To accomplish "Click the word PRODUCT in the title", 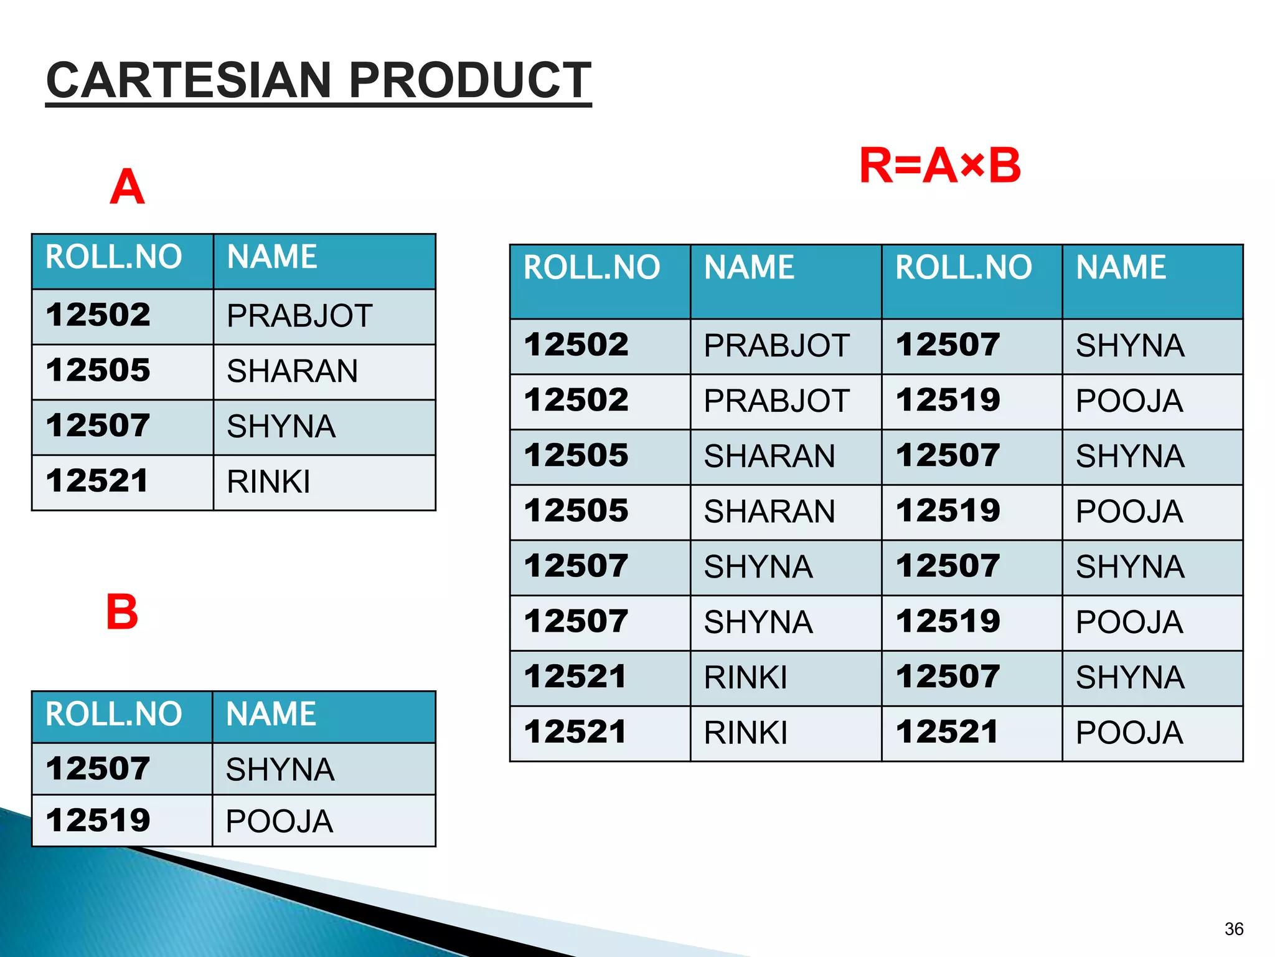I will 470,80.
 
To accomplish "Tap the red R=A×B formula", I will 939,166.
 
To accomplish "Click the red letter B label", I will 122,612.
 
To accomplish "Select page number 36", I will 1233,929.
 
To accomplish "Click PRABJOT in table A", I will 299,316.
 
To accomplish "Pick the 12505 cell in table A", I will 98,370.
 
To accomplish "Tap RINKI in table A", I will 268,482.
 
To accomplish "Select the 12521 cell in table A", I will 98,481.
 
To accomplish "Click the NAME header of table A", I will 272,257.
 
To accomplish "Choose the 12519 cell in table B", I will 98,820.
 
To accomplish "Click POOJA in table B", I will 279,821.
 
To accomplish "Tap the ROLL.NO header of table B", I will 114,714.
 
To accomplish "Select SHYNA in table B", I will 280,769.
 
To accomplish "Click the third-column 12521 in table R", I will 947,732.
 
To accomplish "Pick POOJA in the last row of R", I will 1129,733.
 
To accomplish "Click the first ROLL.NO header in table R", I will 591,267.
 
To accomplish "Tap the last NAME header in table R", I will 1121,267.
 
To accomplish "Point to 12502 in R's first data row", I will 576,345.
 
